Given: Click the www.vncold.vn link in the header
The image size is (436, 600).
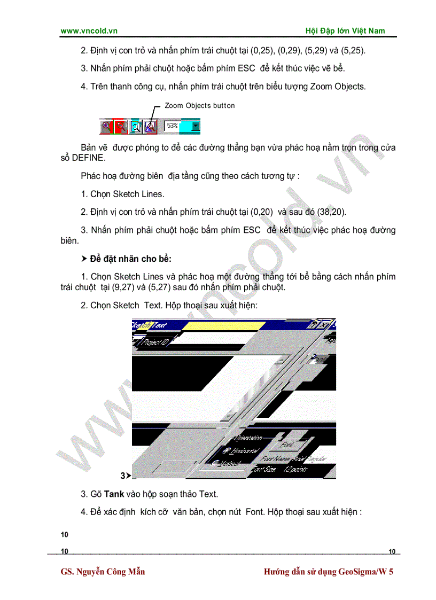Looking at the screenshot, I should (x=89, y=31).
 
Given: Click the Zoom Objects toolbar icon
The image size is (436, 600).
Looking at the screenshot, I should (x=150, y=127).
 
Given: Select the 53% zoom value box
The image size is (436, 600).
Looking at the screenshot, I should (x=173, y=126).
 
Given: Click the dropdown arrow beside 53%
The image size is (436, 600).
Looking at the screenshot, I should (x=196, y=127).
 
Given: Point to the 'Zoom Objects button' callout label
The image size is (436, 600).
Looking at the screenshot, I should (x=199, y=106).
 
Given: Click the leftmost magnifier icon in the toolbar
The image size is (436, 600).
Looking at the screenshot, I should (x=106, y=127).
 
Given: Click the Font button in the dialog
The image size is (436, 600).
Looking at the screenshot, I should (x=287, y=444).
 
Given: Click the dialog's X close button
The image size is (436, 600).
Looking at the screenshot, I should (x=324, y=324).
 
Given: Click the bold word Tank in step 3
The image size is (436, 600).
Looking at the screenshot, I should (x=114, y=494).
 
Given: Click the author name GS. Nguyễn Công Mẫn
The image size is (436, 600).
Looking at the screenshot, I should (x=103, y=572).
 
